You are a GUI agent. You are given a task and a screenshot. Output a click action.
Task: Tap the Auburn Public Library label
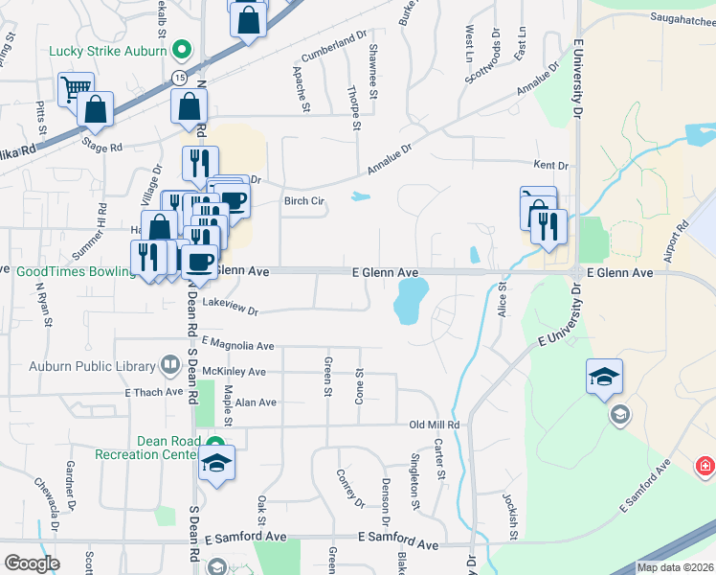[91, 366]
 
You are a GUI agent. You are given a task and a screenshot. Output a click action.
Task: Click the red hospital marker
[705, 466]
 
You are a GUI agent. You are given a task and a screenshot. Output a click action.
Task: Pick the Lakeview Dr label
[232, 309]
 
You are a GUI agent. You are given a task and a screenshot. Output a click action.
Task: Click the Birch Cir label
[304, 201]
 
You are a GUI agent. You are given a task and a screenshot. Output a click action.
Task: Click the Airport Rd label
[682, 240]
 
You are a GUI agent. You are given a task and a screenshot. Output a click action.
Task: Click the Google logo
[32, 563]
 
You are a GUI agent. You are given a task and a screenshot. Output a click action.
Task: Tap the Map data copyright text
[675, 567]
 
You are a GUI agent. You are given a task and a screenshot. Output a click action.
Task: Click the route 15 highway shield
[179, 75]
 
